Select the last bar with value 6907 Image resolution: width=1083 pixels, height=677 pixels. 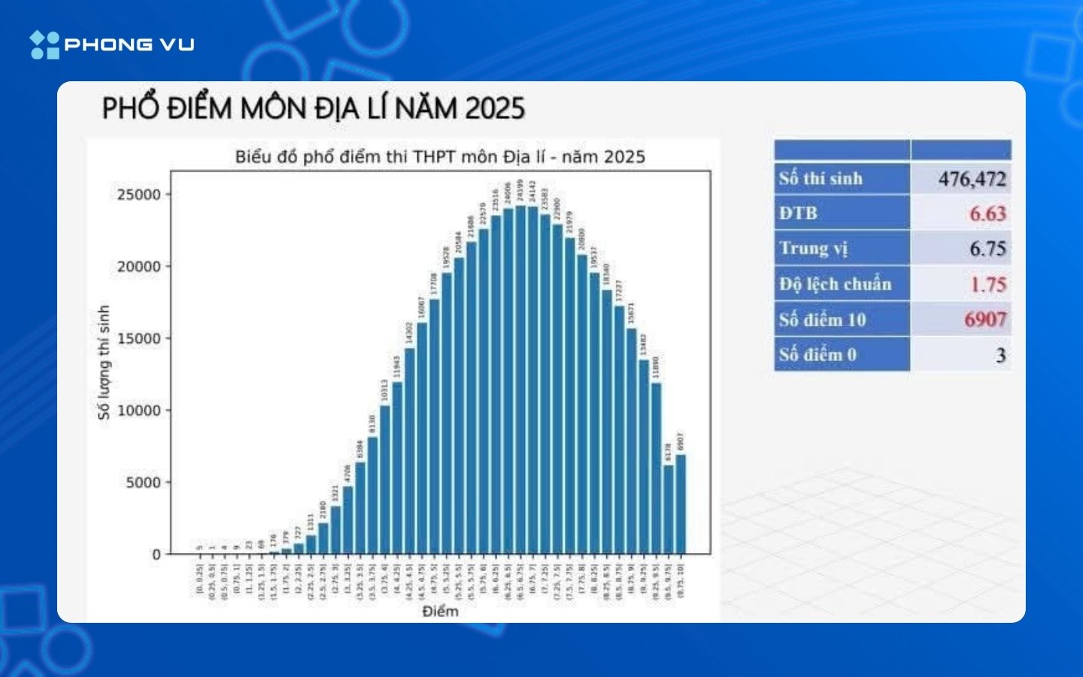click(681, 504)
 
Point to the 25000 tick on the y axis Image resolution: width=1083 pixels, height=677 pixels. click(139, 195)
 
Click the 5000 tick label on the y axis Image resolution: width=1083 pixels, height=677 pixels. click(143, 483)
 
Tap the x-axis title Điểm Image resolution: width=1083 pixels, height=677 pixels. click(440, 611)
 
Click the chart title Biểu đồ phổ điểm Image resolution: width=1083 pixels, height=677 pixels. click(440, 157)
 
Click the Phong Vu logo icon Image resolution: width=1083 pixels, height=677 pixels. click(44, 45)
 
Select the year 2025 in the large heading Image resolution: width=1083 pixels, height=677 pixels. click(494, 109)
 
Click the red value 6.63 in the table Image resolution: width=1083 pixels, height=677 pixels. click(987, 214)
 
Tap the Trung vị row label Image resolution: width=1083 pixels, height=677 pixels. click(813, 248)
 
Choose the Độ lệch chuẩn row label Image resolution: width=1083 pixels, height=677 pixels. click(835, 284)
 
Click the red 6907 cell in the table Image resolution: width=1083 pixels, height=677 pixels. click(984, 320)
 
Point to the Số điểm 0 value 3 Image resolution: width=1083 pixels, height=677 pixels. click(1000, 355)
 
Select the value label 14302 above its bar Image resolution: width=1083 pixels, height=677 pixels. click(409, 332)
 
